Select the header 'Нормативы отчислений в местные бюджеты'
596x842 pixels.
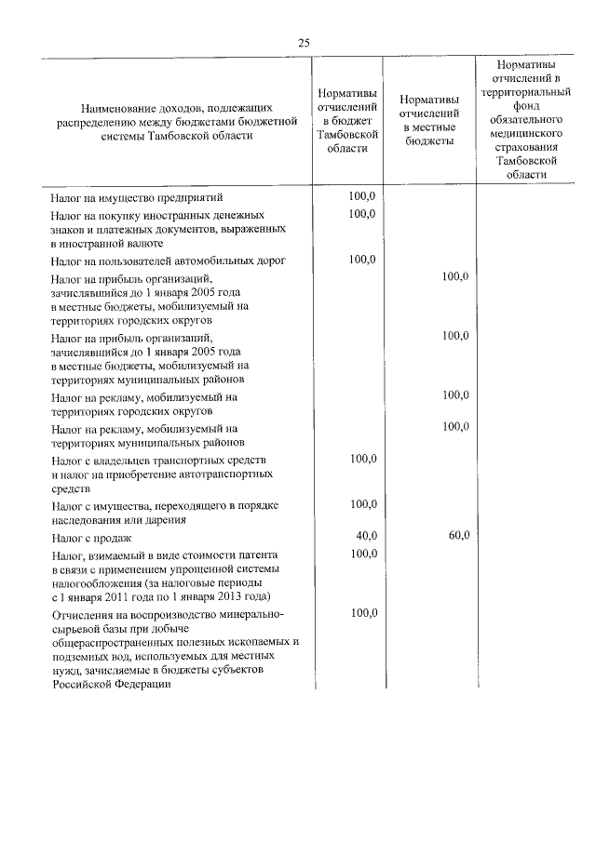[427, 120]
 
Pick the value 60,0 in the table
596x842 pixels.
[458, 535]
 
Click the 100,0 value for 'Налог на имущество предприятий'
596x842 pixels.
[362, 195]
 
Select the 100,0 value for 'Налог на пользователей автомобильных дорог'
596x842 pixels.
[362, 259]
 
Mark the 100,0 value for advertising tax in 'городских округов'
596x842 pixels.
[455, 395]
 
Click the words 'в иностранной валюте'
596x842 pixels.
[106, 243]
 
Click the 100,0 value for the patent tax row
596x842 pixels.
[362, 554]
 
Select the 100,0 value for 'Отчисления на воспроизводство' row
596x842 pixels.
[362, 614]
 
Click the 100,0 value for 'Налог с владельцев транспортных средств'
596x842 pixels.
[362, 459]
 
